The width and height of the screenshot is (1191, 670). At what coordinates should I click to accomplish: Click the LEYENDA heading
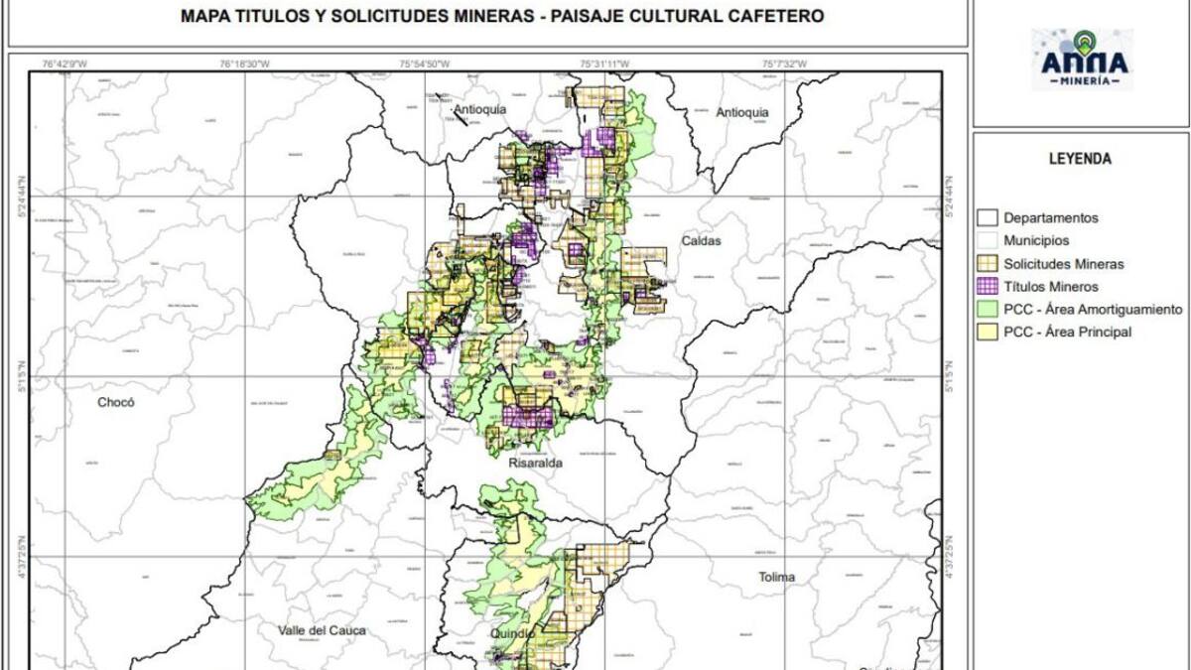(1079, 159)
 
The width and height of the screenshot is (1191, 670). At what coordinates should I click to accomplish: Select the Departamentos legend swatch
(987, 217)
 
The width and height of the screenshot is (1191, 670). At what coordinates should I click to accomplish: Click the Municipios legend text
(1036, 241)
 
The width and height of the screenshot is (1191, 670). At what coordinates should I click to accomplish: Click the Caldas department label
(700, 241)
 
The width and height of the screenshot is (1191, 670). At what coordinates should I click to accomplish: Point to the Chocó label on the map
(115, 403)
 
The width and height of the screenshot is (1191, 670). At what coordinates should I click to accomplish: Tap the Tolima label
(778, 577)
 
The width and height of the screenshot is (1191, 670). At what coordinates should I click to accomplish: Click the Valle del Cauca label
(323, 631)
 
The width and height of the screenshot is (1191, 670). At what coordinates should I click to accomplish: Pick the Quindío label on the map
(512, 632)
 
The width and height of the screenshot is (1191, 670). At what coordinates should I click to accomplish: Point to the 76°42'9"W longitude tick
(65, 65)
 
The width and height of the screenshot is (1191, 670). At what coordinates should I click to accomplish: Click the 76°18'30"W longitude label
(244, 65)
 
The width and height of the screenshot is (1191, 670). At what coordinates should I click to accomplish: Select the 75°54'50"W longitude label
(425, 65)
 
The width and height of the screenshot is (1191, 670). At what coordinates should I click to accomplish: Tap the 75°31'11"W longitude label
(604, 65)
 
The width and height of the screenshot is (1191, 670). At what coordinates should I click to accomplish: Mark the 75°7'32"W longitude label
(784, 65)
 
